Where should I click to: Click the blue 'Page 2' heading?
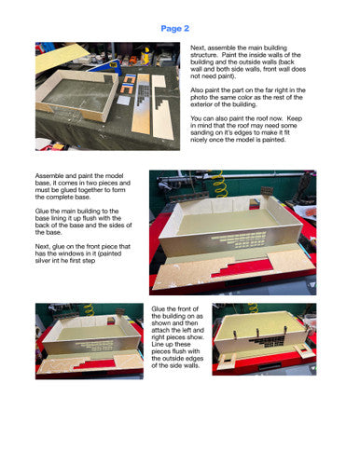pyautogui.click(x=174, y=29)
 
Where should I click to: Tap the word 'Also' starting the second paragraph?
pyautogui.click(x=197, y=90)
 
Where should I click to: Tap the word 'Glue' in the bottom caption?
pyautogui.click(x=159, y=308)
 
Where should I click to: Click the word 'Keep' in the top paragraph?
pyautogui.click(x=295, y=118)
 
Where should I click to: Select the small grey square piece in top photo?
pyautogui.click(x=123, y=101)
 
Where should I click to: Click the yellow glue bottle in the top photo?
pyautogui.click(x=145, y=56)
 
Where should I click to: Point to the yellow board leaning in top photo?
pyautogui.click(x=61, y=59)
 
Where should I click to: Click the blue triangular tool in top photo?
pyautogui.click(x=106, y=68)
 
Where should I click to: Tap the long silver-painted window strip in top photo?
pyautogui.click(x=142, y=104)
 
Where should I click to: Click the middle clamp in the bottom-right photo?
pyautogui.click(x=259, y=333)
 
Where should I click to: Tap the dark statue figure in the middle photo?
pyautogui.click(x=303, y=185)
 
